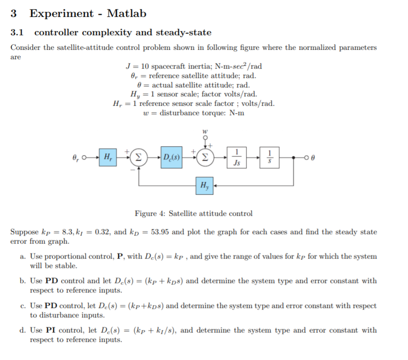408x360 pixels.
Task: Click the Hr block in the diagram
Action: click(x=107, y=156)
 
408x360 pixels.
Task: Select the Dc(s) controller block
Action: click(x=171, y=156)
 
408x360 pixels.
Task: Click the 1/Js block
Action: click(x=239, y=156)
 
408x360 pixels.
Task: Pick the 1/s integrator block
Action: click(x=269, y=156)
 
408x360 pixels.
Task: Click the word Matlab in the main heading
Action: click(x=126, y=13)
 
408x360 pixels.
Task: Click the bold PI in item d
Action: click(x=51, y=330)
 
